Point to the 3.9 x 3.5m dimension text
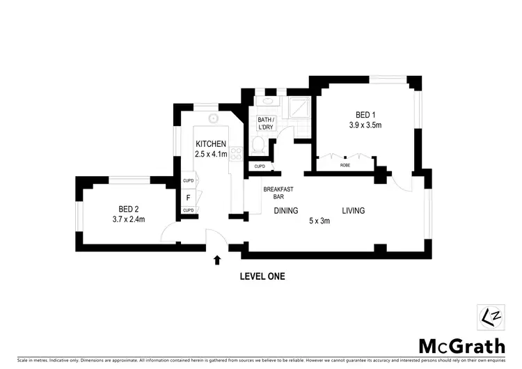(365, 125)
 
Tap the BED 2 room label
(129, 209)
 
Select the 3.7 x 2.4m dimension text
(129, 219)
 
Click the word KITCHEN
(211, 144)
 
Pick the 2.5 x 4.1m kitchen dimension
(211, 155)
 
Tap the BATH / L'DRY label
(267, 124)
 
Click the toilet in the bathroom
(258, 145)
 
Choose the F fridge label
(188, 197)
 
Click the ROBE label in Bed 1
(345, 166)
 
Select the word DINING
(285, 210)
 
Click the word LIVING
(353, 210)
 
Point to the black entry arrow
(217, 260)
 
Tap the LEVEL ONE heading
(262, 276)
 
